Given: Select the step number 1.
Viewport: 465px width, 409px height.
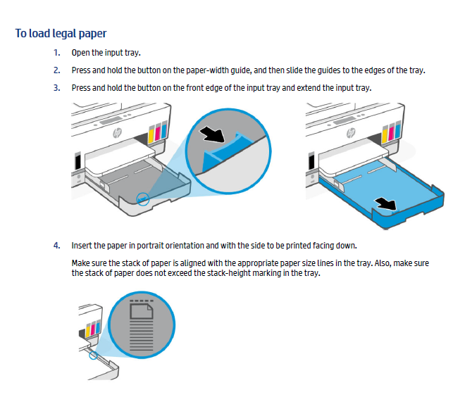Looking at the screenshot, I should (x=56, y=53).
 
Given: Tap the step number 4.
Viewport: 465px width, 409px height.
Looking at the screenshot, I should (x=56, y=245).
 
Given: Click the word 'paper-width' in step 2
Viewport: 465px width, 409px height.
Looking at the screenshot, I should (x=216, y=70).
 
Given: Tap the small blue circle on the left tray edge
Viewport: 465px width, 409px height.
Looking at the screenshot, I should (x=144, y=199).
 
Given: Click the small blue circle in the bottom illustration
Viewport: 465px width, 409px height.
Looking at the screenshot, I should (x=94, y=354).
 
